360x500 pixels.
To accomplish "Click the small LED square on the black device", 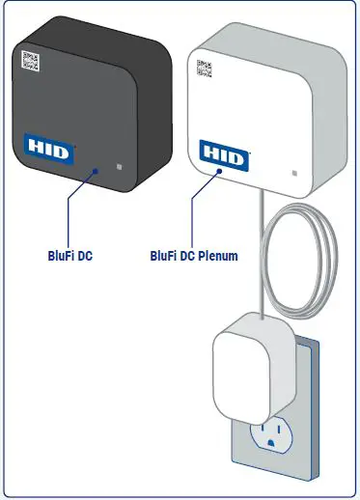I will pyautogui.click(x=120, y=165).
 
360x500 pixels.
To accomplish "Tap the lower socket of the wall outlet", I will pyautogui.click(x=274, y=434).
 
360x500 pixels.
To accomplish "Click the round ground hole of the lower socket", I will pyautogui.click(x=275, y=445).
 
